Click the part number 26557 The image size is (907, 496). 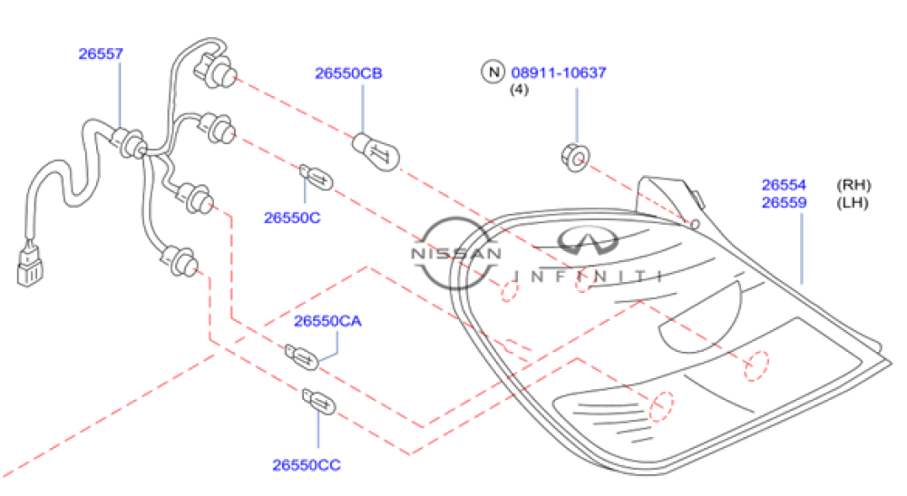pos(100,53)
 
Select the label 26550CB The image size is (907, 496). pos(349,73)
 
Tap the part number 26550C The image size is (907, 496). pos(292,217)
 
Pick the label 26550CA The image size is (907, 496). pos(327,321)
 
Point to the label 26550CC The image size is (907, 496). pos(307,465)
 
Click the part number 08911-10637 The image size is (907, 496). pos(559,73)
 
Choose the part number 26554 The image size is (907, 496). pos(784,185)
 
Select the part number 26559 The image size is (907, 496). pos(784,202)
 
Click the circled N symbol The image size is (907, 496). pos(493,73)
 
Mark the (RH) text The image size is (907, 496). pos(853,185)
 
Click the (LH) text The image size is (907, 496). pos(853,202)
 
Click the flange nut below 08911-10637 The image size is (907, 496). pos(574,158)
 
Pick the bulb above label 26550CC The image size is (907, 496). pos(317,402)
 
